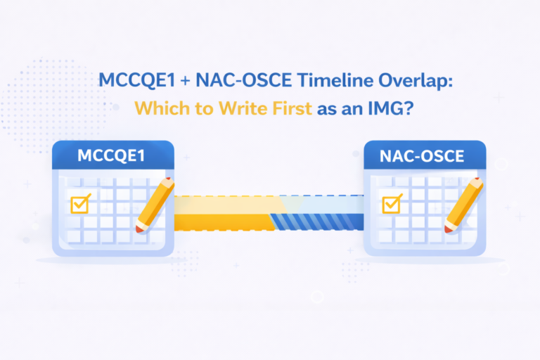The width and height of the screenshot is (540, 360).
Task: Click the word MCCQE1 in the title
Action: pos(136,80)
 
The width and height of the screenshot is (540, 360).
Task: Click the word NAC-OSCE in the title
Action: pos(244,80)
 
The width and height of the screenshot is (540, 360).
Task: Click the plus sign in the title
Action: pos(185,81)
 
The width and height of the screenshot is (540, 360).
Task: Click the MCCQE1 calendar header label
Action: pos(111,155)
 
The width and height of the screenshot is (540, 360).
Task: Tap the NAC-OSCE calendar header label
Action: pos(422,156)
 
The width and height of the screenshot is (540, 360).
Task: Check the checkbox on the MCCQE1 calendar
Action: pos(80,204)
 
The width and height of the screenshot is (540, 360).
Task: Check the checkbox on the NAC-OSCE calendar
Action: pos(392,204)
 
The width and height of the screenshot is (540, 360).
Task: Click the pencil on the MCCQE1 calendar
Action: pos(155,205)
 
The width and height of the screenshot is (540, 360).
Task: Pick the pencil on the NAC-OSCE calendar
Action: pos(463,205)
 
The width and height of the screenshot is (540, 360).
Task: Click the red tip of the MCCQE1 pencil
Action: pos(139,230)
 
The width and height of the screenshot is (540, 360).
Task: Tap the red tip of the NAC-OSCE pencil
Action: pos(448,230)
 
